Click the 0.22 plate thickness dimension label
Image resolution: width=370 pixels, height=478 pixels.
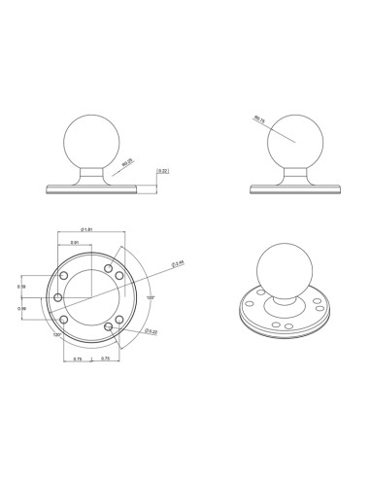pyautogui.click(x=162, y=173)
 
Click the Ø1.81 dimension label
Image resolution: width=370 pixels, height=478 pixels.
pyautogui.click(x=86, y=231)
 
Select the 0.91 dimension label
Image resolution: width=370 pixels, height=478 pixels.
pyautogui.click(x=75, y=243)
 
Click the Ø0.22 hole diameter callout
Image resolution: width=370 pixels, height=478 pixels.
pyautogui.click(x=151, y=332)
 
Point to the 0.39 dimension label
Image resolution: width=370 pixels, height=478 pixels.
pyautogui.click(x=48, y=288)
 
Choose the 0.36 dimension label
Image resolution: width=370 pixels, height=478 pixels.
pyautogui.click(x=48, y=308)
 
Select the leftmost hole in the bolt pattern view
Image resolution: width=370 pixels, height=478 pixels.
pyautogui.click(x=58, y=297)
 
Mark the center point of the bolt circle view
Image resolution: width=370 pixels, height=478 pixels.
pyautogui.click(x=91, y=297)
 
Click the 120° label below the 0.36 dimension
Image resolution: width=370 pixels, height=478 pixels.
pyautogui.click(x=57, y=334)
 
